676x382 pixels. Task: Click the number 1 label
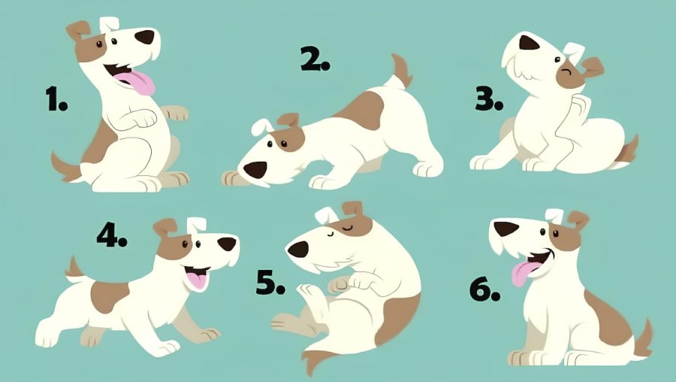(x=56, y=99)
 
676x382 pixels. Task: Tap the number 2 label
(x=315, y=59)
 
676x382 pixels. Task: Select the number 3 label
(x=489, y=99)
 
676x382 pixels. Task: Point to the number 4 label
(x=112, y=235)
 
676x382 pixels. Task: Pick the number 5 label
(x=270, y=283)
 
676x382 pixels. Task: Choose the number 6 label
(x=484, y=290)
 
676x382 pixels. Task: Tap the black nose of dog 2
(x=255, y=170)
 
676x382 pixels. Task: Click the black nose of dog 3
(x=529, y=43)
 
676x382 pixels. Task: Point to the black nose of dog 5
(x=298, y=249)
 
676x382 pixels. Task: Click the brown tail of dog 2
(x=402, y=71)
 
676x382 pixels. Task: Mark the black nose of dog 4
(x=227, y=244)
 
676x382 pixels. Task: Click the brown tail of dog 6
(x=643, y=339)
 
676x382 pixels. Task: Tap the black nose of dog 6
(x=505, y=229)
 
